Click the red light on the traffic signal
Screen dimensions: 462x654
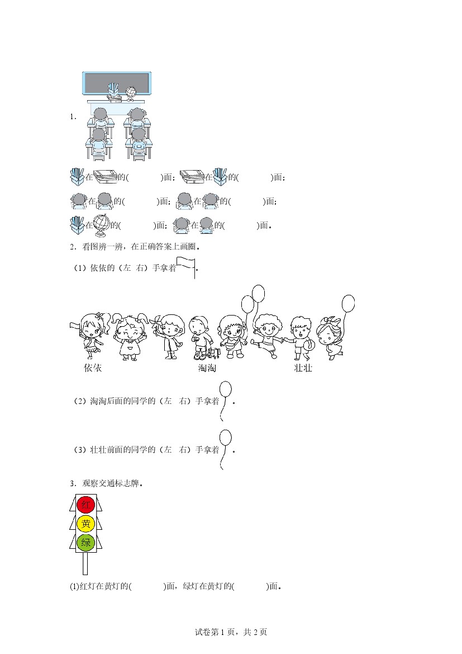tap(86, 505)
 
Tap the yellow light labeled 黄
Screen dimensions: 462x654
tap(86, 524)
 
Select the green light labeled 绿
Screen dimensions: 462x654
tap(86, 543)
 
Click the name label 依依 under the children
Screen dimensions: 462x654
tap(93, 368)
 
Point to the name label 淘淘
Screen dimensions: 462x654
tap(207, 368)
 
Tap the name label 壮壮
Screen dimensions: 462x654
tap(303, 368)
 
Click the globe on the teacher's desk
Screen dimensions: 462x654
tap(131, 93)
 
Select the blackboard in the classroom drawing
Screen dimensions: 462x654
tap(117, 83)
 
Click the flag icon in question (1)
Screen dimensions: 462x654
tap(186, 267)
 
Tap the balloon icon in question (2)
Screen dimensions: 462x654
tap(225, 401)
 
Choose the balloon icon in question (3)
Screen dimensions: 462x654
tap(225, 450)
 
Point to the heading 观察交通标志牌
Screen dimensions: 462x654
tap(111, 483)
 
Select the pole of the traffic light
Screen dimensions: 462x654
tap(85, 563)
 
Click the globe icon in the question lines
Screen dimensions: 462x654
tap(101, 224)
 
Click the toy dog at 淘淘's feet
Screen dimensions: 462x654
tap(214, 353)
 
